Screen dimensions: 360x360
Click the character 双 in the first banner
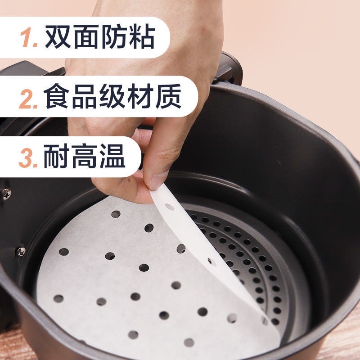[x=58, y=37]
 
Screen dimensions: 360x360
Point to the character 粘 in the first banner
[x=142, y=37]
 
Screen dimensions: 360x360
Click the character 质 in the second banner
[x=168, y=96]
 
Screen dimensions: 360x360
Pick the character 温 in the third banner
[x=112, y=156]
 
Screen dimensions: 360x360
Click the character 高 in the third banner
[x=85, y=156]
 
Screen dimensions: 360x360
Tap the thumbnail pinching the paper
[x=158, y=180]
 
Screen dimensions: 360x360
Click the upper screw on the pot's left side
[x=7, y=194]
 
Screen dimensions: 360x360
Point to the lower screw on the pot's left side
[x=21, y=252]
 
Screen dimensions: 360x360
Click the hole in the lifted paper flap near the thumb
[x=170, y=207]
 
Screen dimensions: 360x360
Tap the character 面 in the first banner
[x=86, y=37]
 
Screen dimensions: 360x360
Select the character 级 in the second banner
[x=112, y=96]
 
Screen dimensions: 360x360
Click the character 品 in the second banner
[x=85, y=96]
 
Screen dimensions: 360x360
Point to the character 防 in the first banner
[x=114, y=37]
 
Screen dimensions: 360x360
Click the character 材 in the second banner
[x=140, y=96]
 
